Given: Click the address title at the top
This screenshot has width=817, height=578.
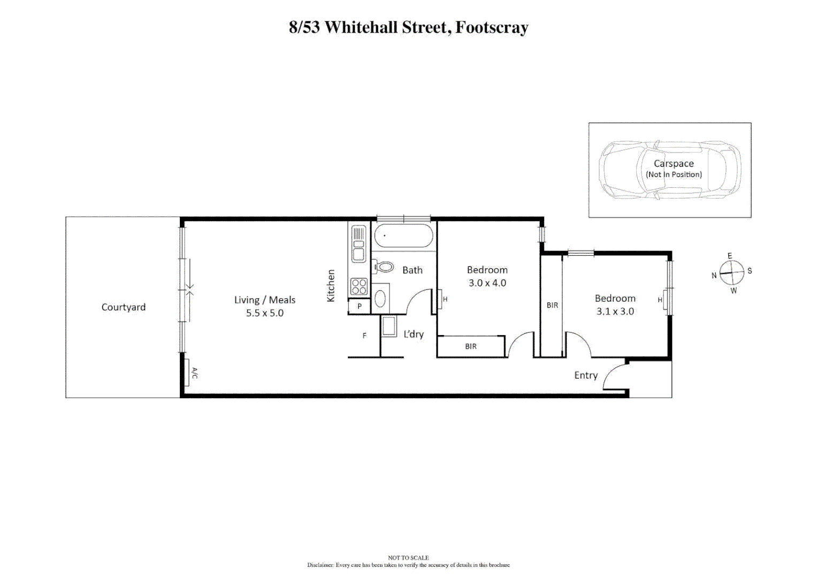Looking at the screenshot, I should tap(408, 27).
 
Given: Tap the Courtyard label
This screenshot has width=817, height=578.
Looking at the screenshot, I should tap(124, 307).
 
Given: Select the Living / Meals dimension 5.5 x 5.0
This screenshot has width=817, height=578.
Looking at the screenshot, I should tap(265, 313).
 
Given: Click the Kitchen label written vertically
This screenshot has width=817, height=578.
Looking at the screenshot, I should tap(331, 286).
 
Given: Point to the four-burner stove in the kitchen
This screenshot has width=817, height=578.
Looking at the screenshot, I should tap(359, 287).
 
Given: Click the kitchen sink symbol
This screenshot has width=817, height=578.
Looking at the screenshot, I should tap(358, 244).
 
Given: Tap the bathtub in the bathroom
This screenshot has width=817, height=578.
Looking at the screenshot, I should tap(403, 236).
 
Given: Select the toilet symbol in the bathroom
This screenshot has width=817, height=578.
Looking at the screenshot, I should tap(384, 267).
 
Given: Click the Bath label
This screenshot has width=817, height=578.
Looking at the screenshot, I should tap(413, 270).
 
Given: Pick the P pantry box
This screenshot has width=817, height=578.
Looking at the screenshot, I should tap(360, 307).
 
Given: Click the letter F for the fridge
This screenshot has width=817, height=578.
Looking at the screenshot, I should tap(364, 336).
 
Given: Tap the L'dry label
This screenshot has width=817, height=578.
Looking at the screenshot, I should tap(414, 334).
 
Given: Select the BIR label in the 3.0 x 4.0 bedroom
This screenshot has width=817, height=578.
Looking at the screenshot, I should tap(471, 347).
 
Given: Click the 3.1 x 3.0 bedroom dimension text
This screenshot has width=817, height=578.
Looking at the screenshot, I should tap(615, 311).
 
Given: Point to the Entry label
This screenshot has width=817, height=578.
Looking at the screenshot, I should tap(586, 376).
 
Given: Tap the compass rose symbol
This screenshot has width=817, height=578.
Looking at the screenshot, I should tap(731, 273).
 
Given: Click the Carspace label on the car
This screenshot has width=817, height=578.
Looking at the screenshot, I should tap(674, 164).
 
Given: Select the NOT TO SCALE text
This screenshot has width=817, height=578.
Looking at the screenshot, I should tap(408, 558).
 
